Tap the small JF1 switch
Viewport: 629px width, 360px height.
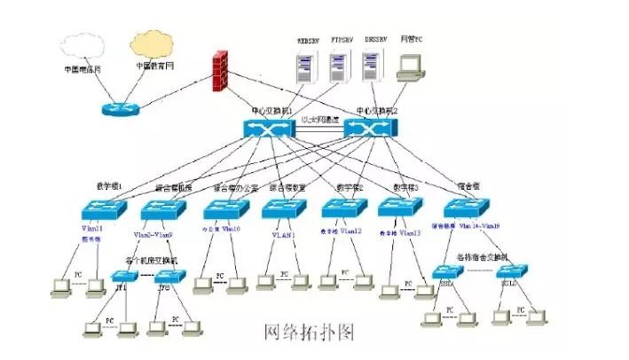click(x=123, y=277)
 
